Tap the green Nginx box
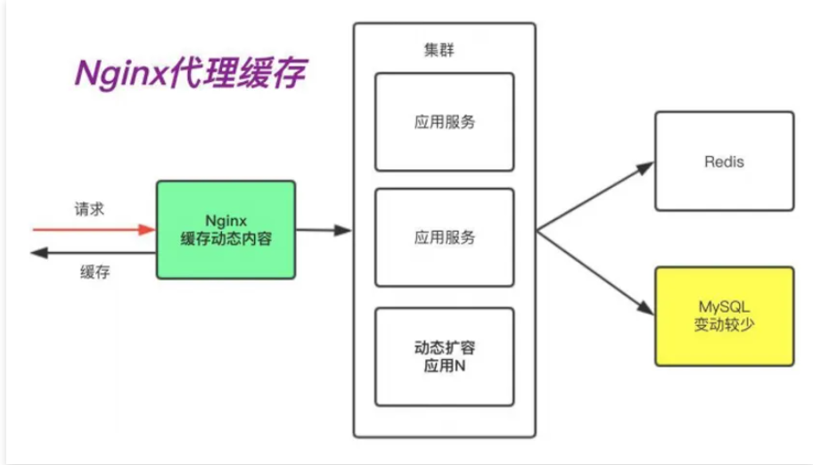tap(226, 230)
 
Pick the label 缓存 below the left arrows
tap(94, 273)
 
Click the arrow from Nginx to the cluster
tap(323, 230)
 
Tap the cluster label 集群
tap(438, 50)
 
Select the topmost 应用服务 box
tap(444, 121)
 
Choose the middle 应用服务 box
tap(444, 237)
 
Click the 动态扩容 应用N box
tap(444, 356)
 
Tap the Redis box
tap(724, 161)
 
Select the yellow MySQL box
tap(724, 315)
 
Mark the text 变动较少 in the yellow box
tap(724, 325)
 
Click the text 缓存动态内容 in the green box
tap(226, 240)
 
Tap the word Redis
tap(724, 162)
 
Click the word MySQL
tap(724, 306)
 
